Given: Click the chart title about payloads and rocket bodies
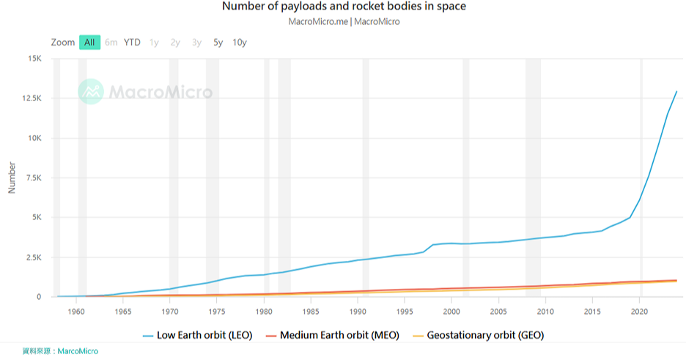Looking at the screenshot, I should (x=344, y=7).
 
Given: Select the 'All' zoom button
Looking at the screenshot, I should (x=89, y=42).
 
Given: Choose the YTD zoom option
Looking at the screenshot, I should (x=132, y=42).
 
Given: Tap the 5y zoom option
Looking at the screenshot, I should (x=218, y=42).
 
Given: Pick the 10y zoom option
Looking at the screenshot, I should (x=240, y=42).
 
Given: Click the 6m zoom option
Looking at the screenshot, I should (x=111, y=42).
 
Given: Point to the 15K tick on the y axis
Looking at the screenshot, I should (x=34, y=59).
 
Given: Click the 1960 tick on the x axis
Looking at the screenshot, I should (x=76, y=311).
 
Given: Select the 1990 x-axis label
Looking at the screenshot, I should (x=358, y=311).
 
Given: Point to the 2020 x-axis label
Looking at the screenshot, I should (x=640, y=311).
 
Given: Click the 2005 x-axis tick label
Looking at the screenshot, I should (x=498, y=311).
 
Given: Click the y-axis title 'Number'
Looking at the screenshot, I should (x=12, y=178).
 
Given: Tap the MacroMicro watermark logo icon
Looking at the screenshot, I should (x=92, y=92).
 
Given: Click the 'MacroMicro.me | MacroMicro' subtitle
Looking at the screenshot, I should (x=344, y=21).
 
